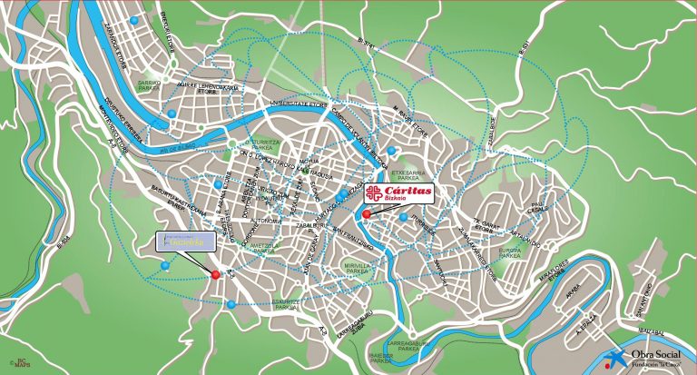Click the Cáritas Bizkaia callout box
click(x=399, y=193)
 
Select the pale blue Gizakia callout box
click(x=186, y=242)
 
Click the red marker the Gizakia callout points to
click(x=216, y=274)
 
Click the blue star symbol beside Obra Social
click(x=616, y=357)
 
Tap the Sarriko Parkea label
click(x=150, y=84)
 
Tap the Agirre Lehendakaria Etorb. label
click(x=209, y=87)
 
